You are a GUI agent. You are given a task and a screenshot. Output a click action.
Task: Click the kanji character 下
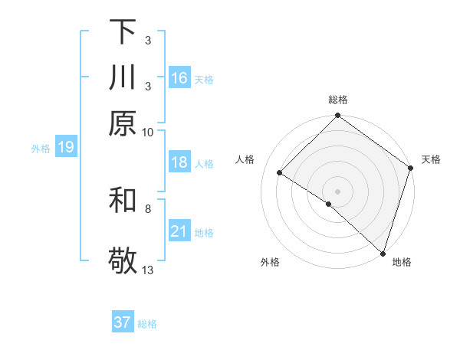[x=123, y=32]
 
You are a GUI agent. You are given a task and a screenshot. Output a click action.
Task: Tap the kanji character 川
[x=123, y=77]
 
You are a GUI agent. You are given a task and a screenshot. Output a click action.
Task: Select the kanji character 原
[x=123, y=123]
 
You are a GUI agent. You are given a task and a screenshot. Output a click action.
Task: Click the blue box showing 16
[x=179, y=77]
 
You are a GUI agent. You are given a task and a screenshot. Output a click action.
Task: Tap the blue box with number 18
[x=179, y=162]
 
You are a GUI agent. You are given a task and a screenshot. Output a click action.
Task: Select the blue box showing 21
[x=179, y=231]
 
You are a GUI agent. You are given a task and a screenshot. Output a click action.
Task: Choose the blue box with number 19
[x=66, y=147]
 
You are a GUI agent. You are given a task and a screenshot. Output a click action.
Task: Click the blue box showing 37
[x=123, y=322]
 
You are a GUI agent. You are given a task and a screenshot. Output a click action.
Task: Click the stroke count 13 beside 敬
[x=148, y=269]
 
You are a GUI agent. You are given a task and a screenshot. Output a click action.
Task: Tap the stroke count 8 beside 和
[x=148, y=208]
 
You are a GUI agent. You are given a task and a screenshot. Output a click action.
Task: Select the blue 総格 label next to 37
[x=147, y=324]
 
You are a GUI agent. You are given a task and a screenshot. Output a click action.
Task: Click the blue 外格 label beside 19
[x=41, y=149]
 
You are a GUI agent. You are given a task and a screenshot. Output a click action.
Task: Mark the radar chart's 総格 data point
[x=337, y=116]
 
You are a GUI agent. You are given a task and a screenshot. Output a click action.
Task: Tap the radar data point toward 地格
[x=383, y=253]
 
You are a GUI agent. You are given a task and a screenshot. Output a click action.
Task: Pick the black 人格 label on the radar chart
[x=245, y=159]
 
